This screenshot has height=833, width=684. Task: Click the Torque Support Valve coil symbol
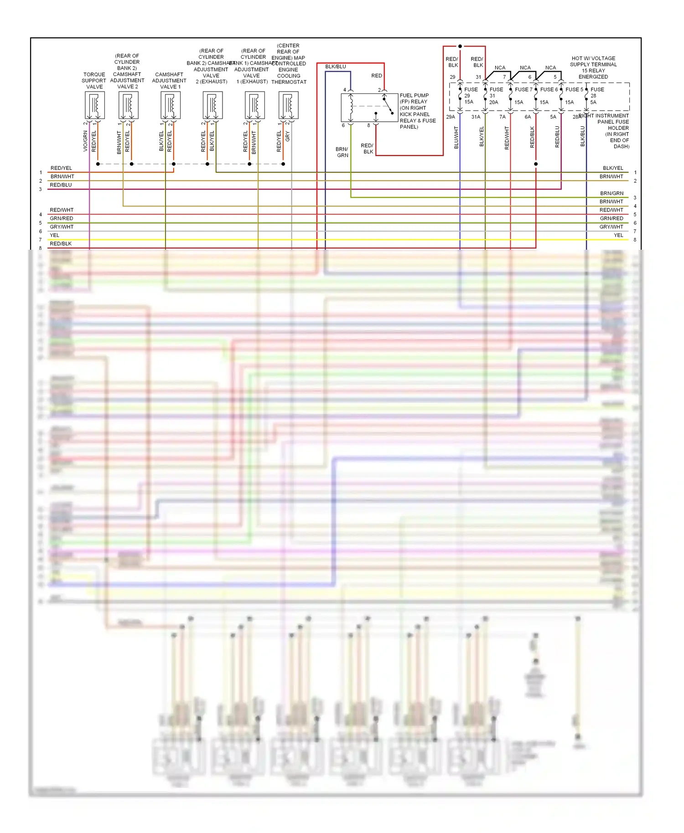pyautogui.click(x=95, y=105)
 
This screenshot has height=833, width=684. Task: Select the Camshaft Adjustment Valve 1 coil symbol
pyautogui.click(x=171, y=105)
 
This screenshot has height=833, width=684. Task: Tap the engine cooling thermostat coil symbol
pyautogui.click(x=289, y=105)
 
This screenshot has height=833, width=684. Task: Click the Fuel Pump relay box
pyautogui.click(x=369, y=108)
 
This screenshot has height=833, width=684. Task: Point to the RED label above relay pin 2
pyautogui.click(x=377, y=76)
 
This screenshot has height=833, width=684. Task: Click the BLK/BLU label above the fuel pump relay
pyautogui.click(x=336, y=67)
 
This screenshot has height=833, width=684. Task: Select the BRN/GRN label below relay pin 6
pyautogui.click(x=342, y=152)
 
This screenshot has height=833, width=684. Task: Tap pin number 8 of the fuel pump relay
pyautogui.click(x=369, y=125)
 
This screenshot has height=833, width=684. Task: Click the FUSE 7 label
pyautogui.click(x=523, y=90)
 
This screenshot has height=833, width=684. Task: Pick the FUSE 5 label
pyautogui.click(x=574, y=90)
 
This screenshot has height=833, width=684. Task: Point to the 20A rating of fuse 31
pyautogui.click(x=494, y=103)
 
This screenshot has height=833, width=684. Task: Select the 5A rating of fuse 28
pyautogui.click(x=593, y=103)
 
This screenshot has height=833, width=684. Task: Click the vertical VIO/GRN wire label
pyautogui.click(x=85, y=141)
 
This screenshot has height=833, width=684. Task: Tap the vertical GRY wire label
pyautogui.click(x=288, y=136)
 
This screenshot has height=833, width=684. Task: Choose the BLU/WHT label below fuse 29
pyautogui.click(x=456, y=138)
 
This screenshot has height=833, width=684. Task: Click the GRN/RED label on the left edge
pyautogui.click(x=62, y=218)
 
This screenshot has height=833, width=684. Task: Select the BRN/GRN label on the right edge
pyautogui.click(x=611, y=193)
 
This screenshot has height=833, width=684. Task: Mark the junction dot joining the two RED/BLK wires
pyautogui.click(x=460, y=46)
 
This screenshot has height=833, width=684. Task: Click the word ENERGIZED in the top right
pyautogui.click(x=593, y=77)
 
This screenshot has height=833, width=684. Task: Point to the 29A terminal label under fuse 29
pyautogui.click(x=451, y=117)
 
